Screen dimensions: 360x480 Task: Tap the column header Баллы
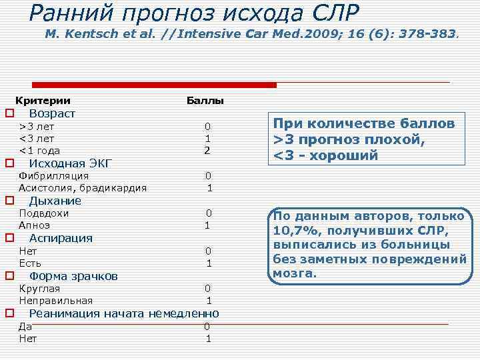tap(205, 101)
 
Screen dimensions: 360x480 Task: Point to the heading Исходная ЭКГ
tap(70, 163)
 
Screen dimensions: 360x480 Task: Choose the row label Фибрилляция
tap(54, 176)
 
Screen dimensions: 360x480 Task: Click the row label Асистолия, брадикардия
tap(83, 188)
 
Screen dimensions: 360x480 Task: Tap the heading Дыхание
tap(55, 201)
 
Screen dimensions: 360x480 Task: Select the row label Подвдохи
tap(44, 213)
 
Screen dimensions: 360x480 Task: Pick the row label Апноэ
tap(35, 225)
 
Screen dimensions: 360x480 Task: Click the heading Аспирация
tap(61, 238)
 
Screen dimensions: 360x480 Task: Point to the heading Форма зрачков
tap(74, 276)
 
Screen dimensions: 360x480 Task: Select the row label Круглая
tap(39, 289)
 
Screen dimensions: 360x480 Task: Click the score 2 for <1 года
tap(207, 151)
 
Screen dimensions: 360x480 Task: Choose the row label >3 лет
tap(37, 126)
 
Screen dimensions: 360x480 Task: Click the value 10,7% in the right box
tap(293, 231)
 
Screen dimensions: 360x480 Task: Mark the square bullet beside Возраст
tap(10, 113)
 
